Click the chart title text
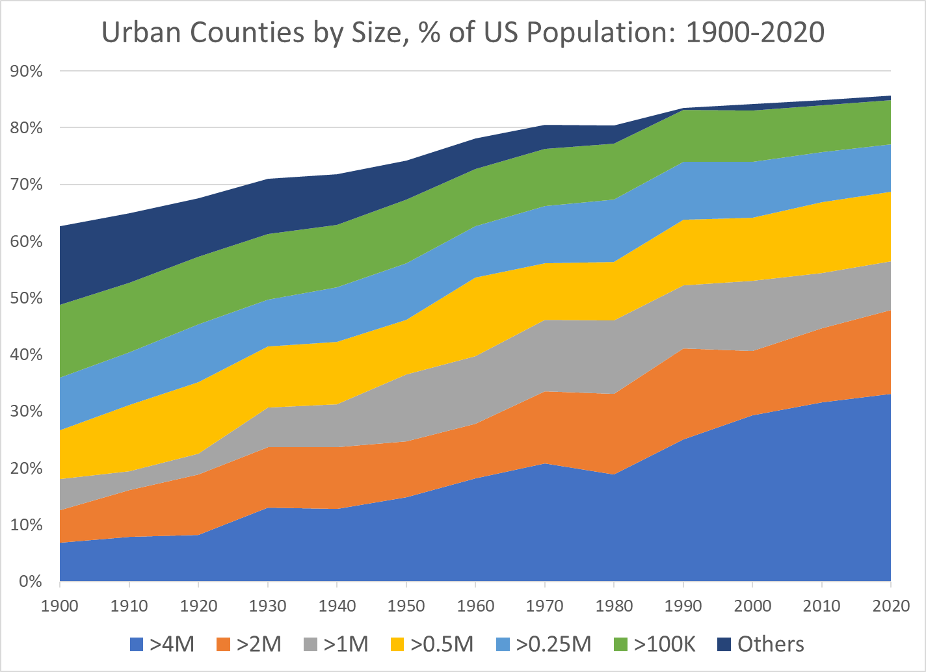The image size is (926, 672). coord(463,32)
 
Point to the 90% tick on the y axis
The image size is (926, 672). coord(27,71)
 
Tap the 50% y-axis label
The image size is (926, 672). coord(27,298)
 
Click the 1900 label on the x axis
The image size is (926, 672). coord(60,606)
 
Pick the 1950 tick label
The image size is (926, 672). coord(406,606)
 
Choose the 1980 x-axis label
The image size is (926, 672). coord(614,606)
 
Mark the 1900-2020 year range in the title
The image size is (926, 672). coord(755,32)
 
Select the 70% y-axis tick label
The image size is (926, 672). coord(27,185)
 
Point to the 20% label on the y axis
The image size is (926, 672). coord(27,469)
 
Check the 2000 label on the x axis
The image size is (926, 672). coord(752,606)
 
